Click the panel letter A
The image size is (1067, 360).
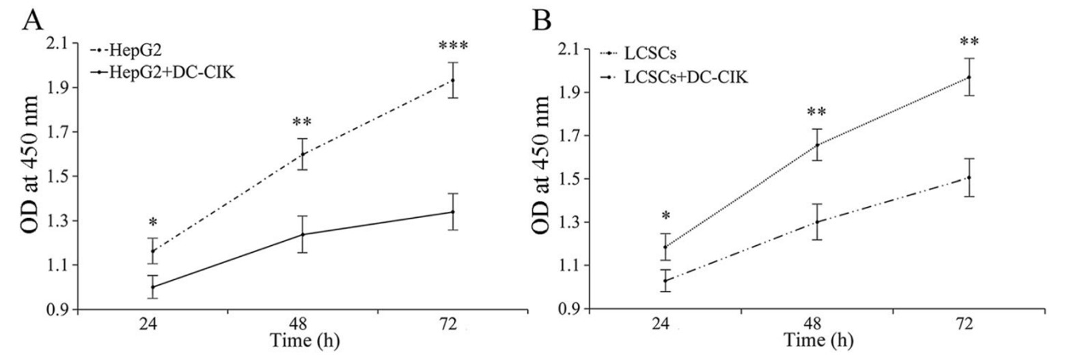point(34,21)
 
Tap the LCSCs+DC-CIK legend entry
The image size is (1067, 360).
point(683,78)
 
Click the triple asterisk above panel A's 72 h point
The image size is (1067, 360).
point(452,46)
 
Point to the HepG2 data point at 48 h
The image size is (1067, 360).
point(303,154)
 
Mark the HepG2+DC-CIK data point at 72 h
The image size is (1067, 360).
point(452,212)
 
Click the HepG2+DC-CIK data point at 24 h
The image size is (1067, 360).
point(153,287)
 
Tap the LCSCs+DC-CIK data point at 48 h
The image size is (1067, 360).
point(818,221)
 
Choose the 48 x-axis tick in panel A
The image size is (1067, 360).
point(303,325)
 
